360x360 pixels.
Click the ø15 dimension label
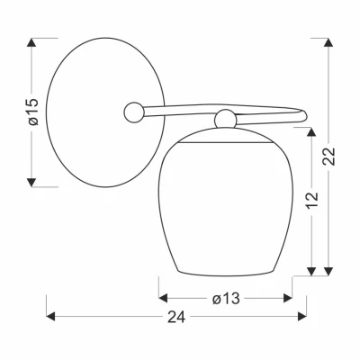33,112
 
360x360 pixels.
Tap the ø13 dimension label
226,299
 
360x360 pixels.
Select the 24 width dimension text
176,317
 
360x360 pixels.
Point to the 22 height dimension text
328,157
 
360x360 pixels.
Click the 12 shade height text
312,200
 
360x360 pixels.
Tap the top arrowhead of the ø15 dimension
31,42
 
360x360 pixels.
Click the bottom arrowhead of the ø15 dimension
31,183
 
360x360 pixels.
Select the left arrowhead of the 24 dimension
50,316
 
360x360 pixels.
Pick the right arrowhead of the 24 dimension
302,316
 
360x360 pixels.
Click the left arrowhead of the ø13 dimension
163,298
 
